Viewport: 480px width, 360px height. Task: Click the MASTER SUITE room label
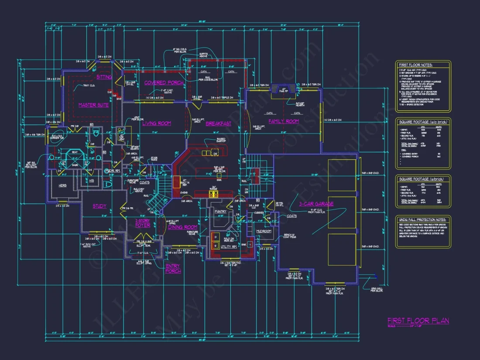[x=93, y=105]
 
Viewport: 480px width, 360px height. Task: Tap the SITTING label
[x=104, y=77]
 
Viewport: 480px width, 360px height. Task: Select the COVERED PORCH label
[x=164, y=82]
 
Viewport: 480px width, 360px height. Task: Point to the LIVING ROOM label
[x=157, y=123]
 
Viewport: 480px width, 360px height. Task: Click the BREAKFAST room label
[x=218, y=123]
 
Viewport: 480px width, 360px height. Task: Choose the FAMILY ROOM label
[x=284, y=121]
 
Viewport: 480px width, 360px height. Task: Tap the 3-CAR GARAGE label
[x=316, y=204]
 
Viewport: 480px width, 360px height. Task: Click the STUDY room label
[x=99, y=206]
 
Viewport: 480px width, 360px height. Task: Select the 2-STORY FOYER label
[x=143, y=223]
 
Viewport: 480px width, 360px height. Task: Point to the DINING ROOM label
[x=183, y=227]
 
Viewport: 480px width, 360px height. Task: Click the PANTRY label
[x=221, y=212]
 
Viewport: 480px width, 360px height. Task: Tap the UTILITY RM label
[x=228, y=247]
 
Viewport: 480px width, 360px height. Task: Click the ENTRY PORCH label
[x=173, y=268]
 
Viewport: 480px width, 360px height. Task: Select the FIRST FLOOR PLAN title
[x=418, y=321]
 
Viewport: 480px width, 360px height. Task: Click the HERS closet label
[x=63, y=185]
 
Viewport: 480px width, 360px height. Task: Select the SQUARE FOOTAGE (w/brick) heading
[x=421, y=179]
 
